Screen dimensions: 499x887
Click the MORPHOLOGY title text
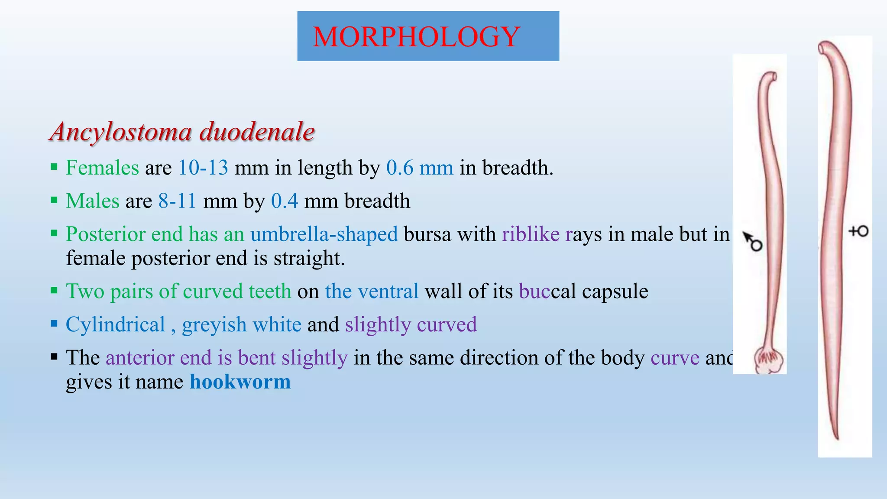click(x=416, y=37)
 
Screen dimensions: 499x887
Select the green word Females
click(x=102, y=168)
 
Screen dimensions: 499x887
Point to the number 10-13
click(x=203, y=168)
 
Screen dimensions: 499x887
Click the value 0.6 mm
click(x=420, y=168)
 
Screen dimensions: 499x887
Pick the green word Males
click(x=92, y=201)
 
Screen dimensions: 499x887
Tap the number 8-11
click(x=178, y=201)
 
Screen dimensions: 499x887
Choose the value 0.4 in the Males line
click(x=285, y=201)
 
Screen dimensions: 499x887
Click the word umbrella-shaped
click(x=324, y=234)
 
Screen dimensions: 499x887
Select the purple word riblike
click(x=531, y=234)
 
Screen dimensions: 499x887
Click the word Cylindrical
click(x=115, y=324)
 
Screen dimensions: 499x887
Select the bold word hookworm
click(x=240, y=382)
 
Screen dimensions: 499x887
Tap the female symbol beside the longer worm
click(x=858, y=231)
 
